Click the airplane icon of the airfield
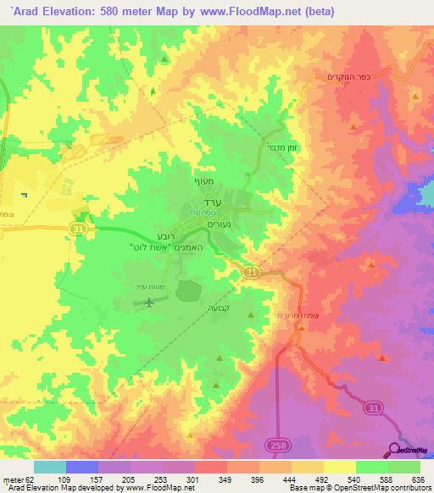point(150,302)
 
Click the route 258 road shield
point(276,443)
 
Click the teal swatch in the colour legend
point(49,467)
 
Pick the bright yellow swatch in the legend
point(339,467)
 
